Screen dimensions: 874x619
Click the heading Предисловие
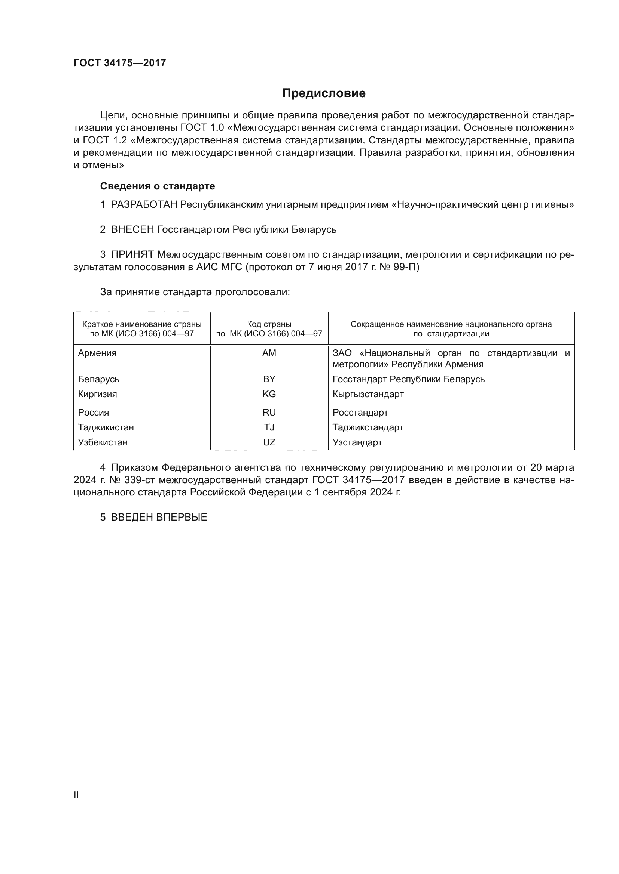point(324,93)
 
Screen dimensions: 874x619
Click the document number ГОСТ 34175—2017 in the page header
point(120,63)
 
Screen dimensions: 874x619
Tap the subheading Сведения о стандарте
point(158,186)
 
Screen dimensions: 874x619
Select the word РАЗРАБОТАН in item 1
point(144,205)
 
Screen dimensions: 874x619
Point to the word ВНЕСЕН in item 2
point(132,229)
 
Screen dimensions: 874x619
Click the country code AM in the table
point(269,353)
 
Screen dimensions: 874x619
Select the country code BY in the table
point(269,379)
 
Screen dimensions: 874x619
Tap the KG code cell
point(269,394)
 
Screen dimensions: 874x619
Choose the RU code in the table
point(269,412)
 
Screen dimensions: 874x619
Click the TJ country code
point(269,427)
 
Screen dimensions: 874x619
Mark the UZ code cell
point(269,442)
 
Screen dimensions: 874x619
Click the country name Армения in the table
point(97,353)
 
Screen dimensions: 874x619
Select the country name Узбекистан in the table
point(103,442)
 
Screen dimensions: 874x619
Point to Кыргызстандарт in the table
point(368,394)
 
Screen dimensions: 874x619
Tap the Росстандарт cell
point(360,412)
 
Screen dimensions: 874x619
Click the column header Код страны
point(269,324)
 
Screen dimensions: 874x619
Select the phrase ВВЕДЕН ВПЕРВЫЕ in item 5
point(159,517)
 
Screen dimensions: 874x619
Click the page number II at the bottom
point(76,795)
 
